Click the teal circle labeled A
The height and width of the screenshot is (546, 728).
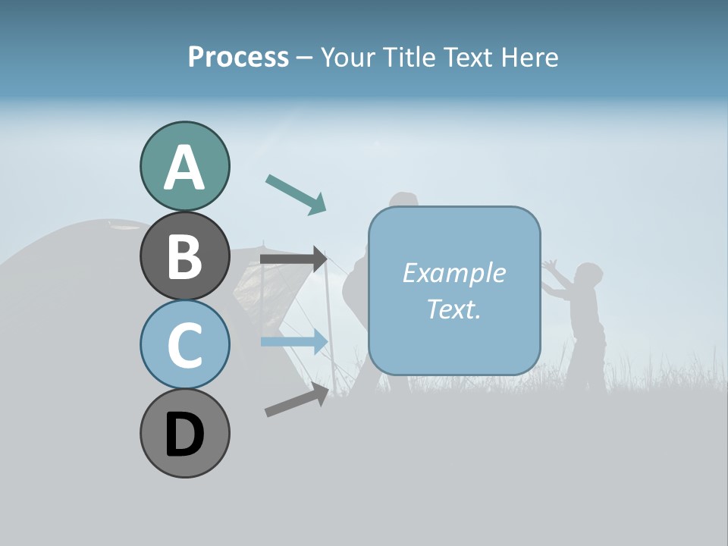point(184,167)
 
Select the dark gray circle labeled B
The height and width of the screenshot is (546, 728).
point(184,256)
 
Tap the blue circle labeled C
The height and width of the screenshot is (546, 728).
point(184,345)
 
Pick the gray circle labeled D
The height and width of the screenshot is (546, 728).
point(184,434)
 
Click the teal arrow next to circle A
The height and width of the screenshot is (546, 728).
point(297,193)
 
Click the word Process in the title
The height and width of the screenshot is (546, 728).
point(238,58)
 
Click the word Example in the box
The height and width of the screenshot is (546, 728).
point(454,273)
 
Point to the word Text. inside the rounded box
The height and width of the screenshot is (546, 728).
point(454,309)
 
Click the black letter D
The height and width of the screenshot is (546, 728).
point(184,435)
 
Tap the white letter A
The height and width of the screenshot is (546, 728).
point(184,168)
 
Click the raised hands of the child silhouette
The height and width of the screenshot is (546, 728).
point(551,267)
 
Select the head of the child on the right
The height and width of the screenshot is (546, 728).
point(586,275)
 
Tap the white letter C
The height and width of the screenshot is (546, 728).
point(184,346)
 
